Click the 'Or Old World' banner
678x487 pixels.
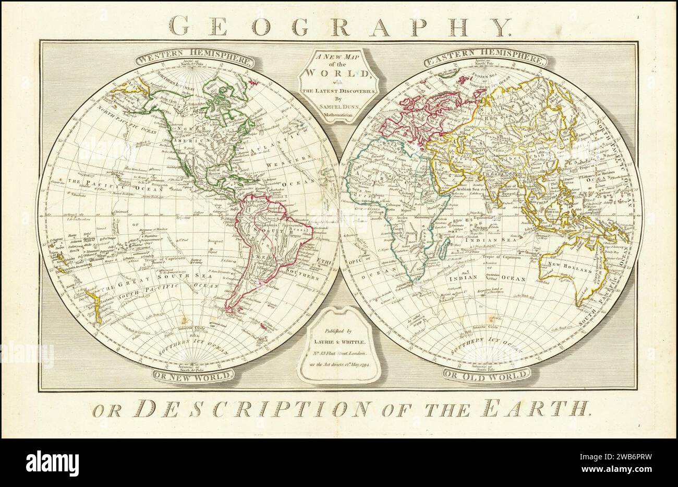(487, 374)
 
